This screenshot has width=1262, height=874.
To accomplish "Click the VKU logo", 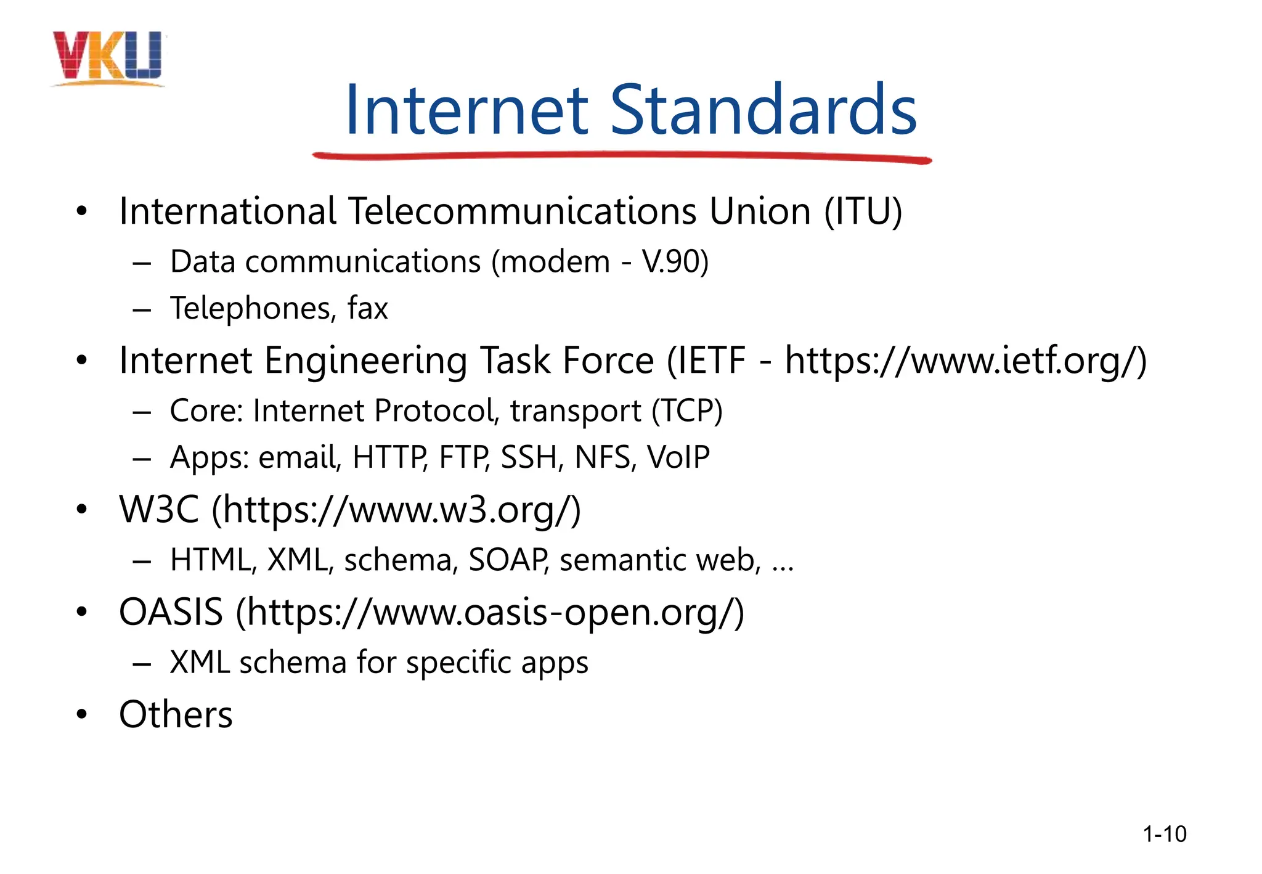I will (x=108, y=57).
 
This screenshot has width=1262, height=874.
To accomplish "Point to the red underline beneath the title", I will (x=622, y=157).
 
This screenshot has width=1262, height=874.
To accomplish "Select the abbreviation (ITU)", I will (x=863, y=211).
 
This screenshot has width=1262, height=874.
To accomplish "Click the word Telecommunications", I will (x=523, y=211).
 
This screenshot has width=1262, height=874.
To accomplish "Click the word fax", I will (x=367, y=308).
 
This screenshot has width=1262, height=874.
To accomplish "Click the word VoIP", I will (x=678, y=457).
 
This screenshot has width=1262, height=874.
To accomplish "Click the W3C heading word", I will (x=159, y=510).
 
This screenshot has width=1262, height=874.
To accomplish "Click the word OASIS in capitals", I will (x=171, y=612).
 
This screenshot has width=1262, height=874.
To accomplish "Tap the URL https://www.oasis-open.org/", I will (x=491, y=612).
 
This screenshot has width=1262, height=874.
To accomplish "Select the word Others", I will (x=176, y=715).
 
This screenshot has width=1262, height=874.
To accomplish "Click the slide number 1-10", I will (x=1164, y=834).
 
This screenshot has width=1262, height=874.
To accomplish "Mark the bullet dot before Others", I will (x=82, y=715).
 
